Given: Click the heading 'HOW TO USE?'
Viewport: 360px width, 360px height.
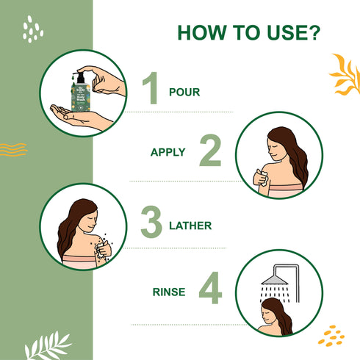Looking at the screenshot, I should pyautogui.click(x=248, y=34).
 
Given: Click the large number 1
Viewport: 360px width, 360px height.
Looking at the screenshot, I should pyautogui.click(x=151, y=89).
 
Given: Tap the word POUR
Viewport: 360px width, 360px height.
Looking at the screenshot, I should pyautogui.click(x=184, y=93).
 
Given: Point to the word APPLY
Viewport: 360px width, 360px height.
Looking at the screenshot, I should pyautogui.click(x=168, y=153).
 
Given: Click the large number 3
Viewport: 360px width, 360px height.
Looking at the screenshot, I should pyautogui.click(x=151, y=222).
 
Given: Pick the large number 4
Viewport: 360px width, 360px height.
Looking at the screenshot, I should pyautogui.click(x=210, y=289).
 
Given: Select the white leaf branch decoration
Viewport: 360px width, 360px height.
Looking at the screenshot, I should pyautogui.click(x=48, y=345).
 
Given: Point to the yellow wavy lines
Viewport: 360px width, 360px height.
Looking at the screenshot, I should pyautogui.click(x=12, y=149).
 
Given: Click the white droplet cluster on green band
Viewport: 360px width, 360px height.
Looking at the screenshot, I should pyautogui.click(x=32, y=29).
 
